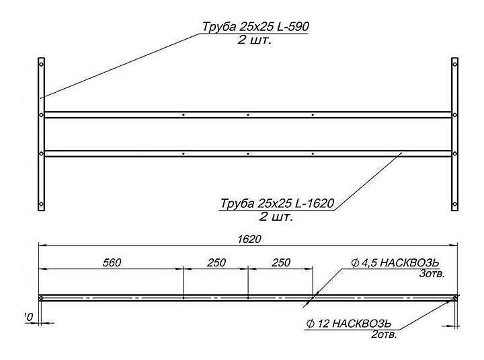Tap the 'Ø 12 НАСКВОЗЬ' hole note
350,322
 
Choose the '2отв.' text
382,334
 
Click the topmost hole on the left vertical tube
41,65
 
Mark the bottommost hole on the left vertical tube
41,204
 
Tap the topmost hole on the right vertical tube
455,65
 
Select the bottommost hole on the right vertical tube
455,204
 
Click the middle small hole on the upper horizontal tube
248,115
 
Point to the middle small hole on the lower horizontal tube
248,154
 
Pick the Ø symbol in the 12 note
310,323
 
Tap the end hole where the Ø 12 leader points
455,298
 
